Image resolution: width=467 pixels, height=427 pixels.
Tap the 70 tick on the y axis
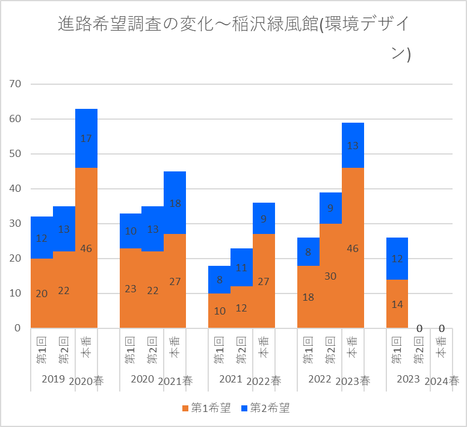(14, 84)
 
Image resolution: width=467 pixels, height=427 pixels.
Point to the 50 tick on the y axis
(14, 154)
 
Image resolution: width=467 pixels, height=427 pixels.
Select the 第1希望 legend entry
(205, 408)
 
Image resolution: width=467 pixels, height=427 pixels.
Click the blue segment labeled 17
(86, 138)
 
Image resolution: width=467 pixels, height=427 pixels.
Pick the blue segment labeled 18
(175, 203)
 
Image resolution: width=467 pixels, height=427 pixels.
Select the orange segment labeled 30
(330, 275)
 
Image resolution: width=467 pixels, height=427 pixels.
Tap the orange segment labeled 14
(397, 304)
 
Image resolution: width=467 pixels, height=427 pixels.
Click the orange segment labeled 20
(42, 293)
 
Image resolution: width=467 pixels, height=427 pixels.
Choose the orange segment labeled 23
(131, 288)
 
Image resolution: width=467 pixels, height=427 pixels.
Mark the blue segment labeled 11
(242, 268)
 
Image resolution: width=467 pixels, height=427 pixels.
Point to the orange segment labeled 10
(220, 311)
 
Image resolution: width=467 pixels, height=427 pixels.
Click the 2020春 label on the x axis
(87, 381)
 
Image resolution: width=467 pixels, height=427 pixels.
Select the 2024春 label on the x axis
(442, 381)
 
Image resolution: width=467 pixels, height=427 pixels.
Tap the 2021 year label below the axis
(230, 379)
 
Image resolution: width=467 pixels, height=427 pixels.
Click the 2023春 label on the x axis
(353, 381)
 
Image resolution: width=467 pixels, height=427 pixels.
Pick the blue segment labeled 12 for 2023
(397, 259)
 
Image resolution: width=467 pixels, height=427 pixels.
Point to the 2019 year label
(53, 379)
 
